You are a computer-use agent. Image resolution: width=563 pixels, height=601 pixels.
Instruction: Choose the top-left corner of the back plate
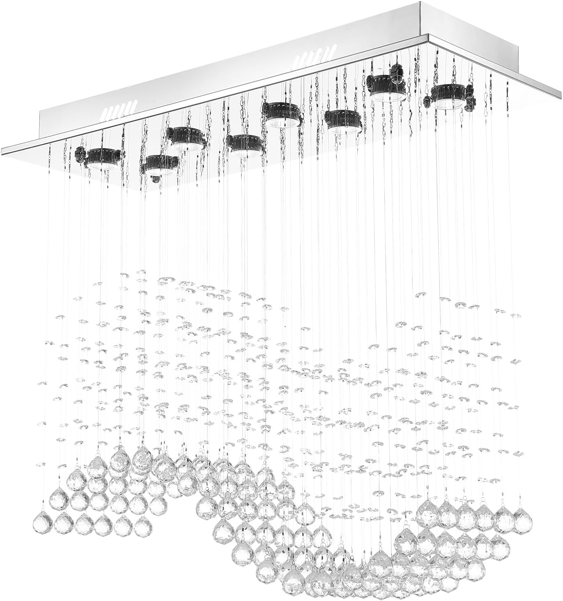pyautogui.click(x=40, y=111)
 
